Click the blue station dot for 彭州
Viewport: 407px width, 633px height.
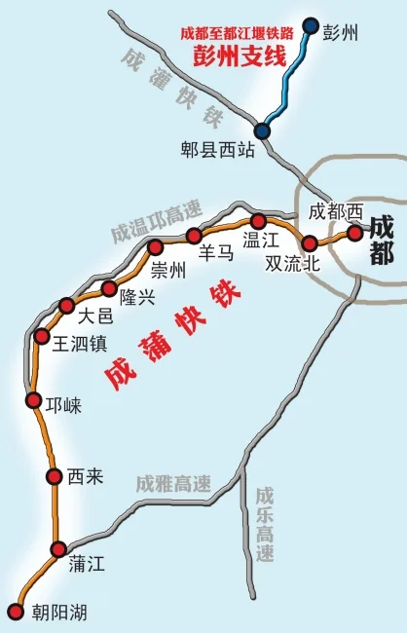[x=311, y=26]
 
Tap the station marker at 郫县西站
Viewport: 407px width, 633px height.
[x=262, y=130]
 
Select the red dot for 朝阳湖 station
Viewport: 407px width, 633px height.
[x=15, y=611]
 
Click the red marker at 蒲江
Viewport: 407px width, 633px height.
[x=59, y=548]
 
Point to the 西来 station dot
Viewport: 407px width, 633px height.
[x=55, y=475]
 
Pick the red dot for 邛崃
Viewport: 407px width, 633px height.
[x=33, y=400]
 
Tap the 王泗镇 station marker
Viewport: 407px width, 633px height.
[x=42, y=336]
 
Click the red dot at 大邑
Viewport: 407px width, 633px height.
[x=66, y=305]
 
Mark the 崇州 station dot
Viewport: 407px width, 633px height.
[x=155, y=246]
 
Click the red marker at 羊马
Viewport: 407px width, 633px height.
[x=194, y=235]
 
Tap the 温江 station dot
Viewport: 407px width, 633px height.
[x=258, y=221]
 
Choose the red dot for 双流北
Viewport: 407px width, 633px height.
[x=310, y=243]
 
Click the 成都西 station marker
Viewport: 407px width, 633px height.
[x=354, y=233]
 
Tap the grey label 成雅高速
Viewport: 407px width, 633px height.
[x=173, y=484]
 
